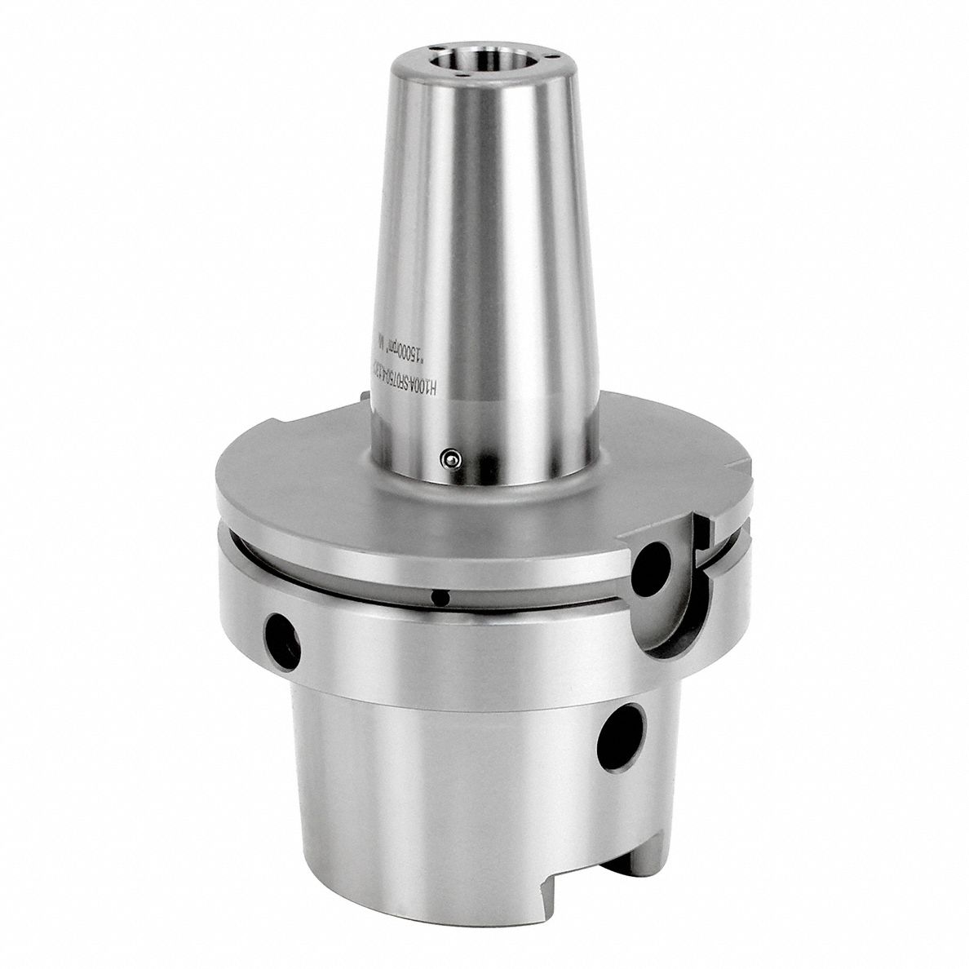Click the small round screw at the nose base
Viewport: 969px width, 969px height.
click(x=446, y=460)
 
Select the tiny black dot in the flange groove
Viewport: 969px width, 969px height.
click(x=440, y=598)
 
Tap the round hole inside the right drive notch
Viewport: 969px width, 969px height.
click(x=653, y=563)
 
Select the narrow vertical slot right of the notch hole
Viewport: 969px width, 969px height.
click(x=700, y=538)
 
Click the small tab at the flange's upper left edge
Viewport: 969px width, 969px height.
click(x=362, y=397)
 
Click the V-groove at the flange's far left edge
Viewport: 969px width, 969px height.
click(x=222, y=530)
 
